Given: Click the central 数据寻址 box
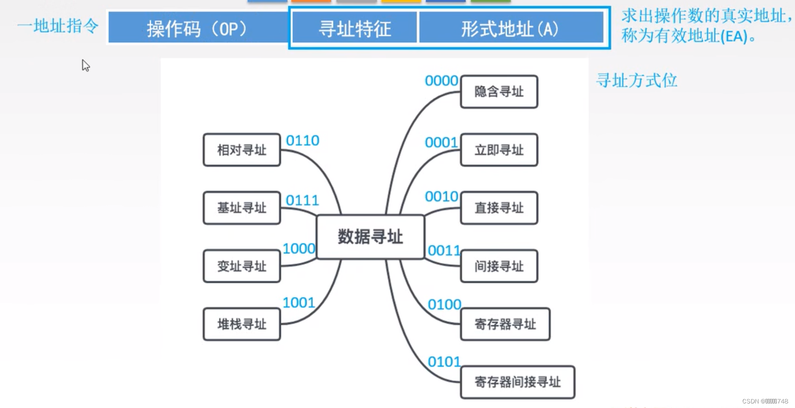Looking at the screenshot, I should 371,237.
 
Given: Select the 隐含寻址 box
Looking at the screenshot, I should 499,91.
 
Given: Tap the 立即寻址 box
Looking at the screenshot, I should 499,150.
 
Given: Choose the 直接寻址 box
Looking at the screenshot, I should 499,208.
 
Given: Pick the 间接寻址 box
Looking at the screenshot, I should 499,266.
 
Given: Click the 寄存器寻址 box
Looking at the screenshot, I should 505,324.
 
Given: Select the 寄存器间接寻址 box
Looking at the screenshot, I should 517,382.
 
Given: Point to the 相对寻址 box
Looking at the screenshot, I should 242,150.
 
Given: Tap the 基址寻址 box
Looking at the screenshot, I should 242,208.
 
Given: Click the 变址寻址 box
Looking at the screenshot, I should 242,266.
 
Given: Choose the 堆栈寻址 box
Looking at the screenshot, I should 242,324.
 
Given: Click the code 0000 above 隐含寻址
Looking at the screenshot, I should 441,81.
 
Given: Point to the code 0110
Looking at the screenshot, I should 302,141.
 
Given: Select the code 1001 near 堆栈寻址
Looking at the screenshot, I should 299,303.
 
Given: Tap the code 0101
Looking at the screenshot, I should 444,362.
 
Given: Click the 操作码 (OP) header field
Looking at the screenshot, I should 198,29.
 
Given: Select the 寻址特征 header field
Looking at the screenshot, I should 355,29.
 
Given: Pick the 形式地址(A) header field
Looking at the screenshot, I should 510,29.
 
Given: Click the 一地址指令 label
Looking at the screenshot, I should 58,26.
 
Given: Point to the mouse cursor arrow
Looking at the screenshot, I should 86,65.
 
